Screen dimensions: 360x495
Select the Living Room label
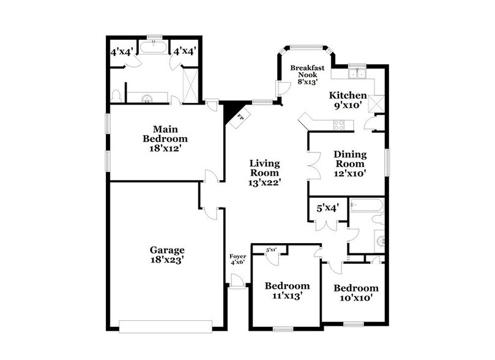click(265, 173)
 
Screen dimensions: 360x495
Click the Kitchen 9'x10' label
click(348, 100)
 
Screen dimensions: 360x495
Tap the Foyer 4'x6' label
click(237, 260)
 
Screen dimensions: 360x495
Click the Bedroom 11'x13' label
click(287, 290)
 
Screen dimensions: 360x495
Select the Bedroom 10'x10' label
click(356, 293)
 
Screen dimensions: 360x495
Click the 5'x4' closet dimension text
click(327, 208)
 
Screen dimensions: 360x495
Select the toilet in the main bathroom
click(116, 95)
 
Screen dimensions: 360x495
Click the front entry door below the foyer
click(237, 282)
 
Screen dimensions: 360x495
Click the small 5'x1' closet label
click(272, 249)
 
